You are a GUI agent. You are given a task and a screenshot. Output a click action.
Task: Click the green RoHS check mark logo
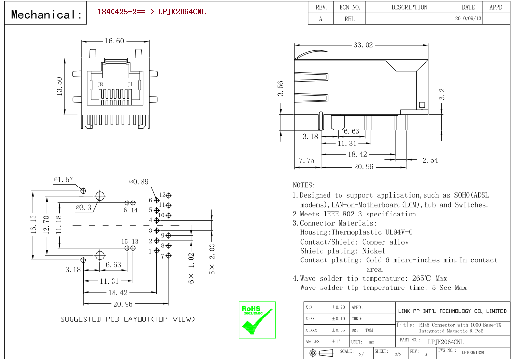(257, 320)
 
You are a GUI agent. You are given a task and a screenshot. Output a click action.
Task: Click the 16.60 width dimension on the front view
(114, 41)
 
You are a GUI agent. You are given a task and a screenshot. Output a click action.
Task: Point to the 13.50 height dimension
(59, 86)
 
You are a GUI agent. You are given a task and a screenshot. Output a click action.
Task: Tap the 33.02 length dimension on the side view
(363, 44)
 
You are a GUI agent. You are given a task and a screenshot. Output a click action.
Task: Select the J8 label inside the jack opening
(100, 84)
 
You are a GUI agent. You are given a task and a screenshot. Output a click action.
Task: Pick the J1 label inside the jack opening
(130, 84)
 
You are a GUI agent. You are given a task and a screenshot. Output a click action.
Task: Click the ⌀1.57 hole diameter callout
(64, 180)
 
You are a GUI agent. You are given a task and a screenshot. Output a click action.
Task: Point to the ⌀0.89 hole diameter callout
(139, 182)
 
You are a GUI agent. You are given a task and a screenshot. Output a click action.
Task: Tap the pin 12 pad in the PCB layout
(169, 196)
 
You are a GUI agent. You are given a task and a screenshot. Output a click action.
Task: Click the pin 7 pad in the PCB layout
(169, 256)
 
